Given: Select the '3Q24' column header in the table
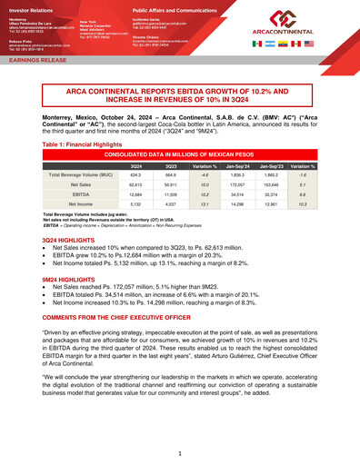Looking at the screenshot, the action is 135,165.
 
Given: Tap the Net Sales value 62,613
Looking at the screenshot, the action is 135,184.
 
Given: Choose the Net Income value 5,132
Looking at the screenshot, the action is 135,205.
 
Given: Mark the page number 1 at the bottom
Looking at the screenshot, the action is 180,451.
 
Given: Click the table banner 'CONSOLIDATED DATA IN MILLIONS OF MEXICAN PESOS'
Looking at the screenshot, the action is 179,155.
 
